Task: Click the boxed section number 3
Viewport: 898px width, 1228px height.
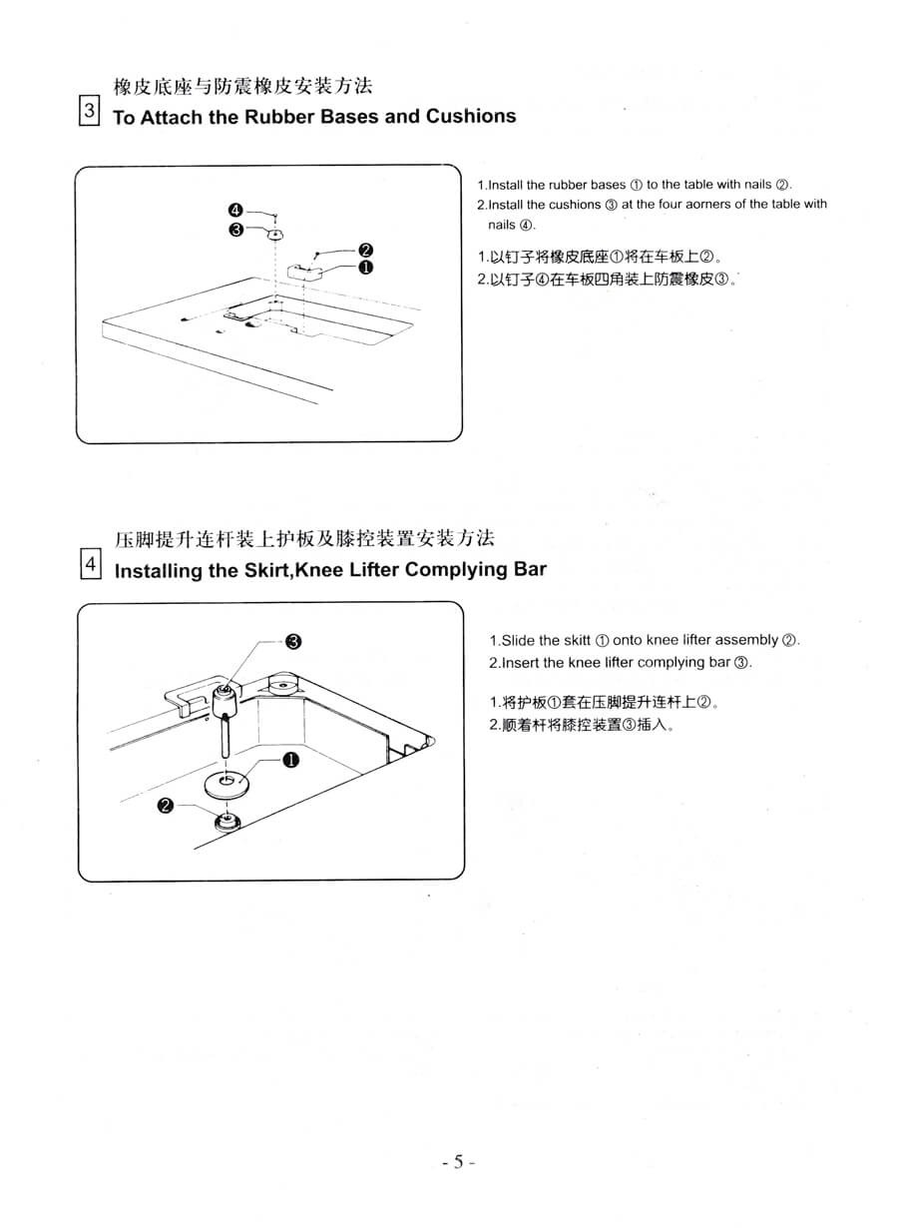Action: click(89, 111)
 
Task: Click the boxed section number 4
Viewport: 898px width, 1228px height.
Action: click(91, 564)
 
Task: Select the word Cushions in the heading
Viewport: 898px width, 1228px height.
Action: click(471, 116)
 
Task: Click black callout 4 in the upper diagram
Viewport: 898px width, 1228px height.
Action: click(235, 211)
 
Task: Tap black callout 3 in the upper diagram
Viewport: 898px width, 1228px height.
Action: click(235, 230)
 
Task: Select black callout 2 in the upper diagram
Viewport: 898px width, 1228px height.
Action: click(365, 251)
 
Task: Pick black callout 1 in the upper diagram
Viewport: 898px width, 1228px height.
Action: click(365, 268)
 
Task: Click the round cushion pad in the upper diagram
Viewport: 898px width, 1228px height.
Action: click(275, 235)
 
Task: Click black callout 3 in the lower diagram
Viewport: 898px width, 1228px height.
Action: click(293, 641)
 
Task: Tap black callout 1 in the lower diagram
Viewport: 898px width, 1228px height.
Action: click(290, 760)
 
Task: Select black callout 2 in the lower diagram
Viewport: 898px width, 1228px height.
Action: click(165, 806)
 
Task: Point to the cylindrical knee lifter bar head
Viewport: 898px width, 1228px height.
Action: click(224, 700)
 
